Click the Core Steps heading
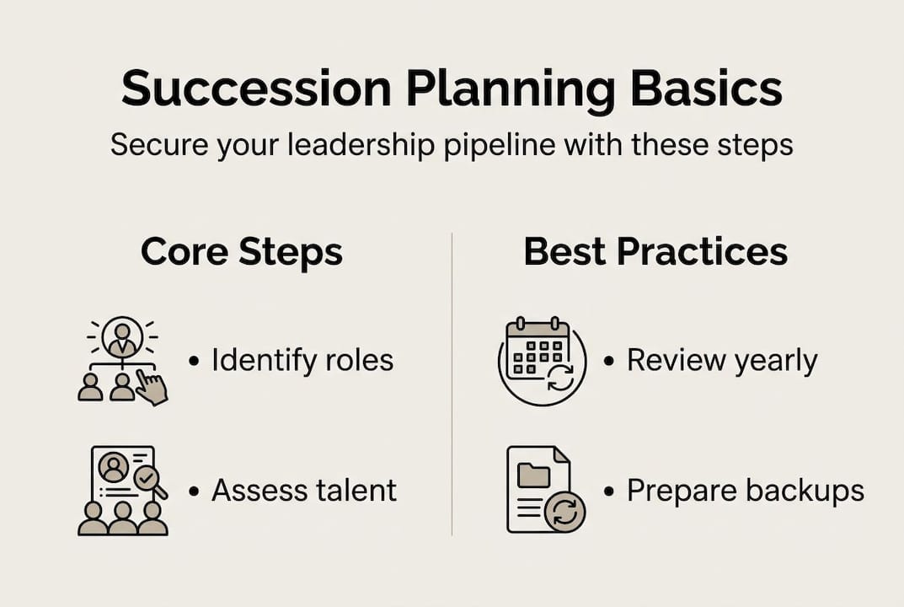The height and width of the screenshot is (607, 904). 242,252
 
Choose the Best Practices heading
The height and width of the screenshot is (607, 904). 655,252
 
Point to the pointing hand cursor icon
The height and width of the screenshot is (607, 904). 152,388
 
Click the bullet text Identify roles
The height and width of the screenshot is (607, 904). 302,361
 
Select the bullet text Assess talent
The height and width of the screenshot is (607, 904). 304,490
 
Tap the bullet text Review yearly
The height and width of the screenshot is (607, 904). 722,361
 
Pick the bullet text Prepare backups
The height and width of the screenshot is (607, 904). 745,491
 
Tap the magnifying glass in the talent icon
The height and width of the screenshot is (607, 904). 148,480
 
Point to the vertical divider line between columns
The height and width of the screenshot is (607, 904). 452,384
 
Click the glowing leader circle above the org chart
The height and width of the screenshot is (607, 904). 122,338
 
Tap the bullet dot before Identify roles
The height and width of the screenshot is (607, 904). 195,362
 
